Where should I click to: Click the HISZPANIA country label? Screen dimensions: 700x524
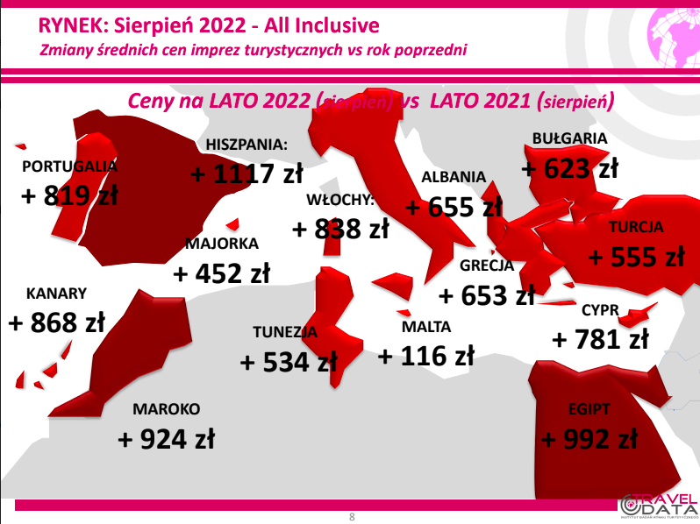tap(246, 145)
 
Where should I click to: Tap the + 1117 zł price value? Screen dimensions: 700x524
tap(246, 173)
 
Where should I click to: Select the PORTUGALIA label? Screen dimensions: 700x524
tap(69, 166)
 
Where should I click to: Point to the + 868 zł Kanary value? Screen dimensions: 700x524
tap(57, 322)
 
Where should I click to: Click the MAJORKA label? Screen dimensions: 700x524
tap(222, 244)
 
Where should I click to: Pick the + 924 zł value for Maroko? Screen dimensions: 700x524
tap(166, 439)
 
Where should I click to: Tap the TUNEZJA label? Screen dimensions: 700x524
tap(285, 332)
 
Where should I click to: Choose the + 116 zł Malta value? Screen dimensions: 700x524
tap(426, 356)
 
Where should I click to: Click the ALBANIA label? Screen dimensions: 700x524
tap(454, 177)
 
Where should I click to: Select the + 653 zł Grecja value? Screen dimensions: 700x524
tap(487, 295)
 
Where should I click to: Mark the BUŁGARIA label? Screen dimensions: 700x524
tap(569, 138)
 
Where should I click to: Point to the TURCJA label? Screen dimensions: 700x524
tap(636, 227)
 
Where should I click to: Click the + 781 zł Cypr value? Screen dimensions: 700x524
tap(601, 339)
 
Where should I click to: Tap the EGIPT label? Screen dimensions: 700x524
tap(589, 409)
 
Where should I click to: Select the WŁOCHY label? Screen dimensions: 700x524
tap(340, 200)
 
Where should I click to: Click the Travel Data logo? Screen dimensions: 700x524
tap(660, 506)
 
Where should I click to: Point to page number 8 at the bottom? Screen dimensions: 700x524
tap(352, 517)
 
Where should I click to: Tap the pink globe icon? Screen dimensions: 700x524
tap(674, 38)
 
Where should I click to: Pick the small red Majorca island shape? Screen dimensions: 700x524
tap(233, 223)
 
